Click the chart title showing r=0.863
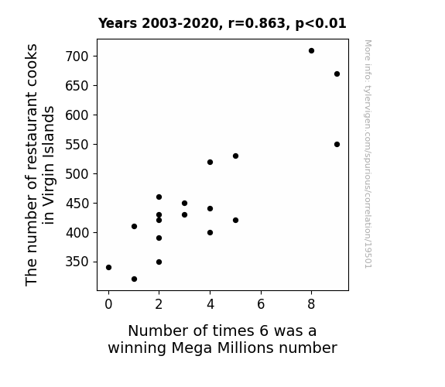(222, 23)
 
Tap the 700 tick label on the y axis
(77, 57)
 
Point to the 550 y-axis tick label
(77, 145)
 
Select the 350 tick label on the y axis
(77, 262)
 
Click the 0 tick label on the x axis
(108, 304)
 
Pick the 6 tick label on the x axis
(261, 304)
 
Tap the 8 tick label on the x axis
(311, 304)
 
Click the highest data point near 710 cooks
(311, 51)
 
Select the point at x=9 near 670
(337, 74)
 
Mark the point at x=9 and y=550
(337, 145)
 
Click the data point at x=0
(108, 268)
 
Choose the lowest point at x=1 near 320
(134, 279)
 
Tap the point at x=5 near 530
(235, 156)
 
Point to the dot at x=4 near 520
(210, 162)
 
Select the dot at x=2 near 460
(159, 197)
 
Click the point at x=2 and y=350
(159, 262)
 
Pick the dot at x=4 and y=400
(210, 232)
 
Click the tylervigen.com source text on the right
(368, 154)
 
